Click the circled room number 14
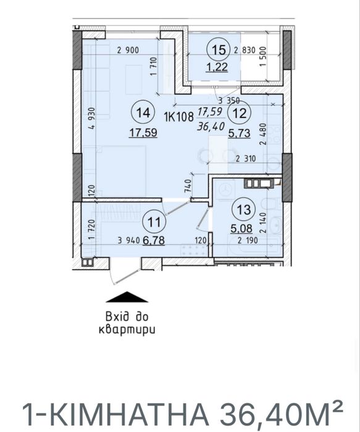coord(143,112)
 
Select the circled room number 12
coord(238,112)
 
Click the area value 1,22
coord(217,67)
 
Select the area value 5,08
coord(241,228)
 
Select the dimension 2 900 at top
coord(127,51)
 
